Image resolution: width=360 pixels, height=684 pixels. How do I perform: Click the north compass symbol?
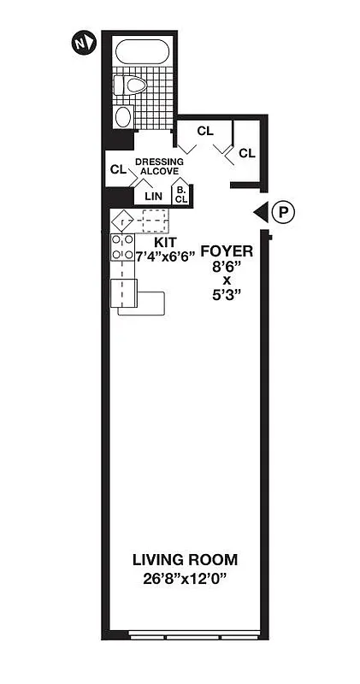(x=82, y=40)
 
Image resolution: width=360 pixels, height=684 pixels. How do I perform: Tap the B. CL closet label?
(x=180, y=195)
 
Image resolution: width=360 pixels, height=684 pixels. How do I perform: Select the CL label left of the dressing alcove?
(x=118, y=169)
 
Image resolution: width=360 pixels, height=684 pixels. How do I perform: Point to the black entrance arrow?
(x=259, y=213)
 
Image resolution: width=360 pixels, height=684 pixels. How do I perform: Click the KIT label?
(x=164, y=242)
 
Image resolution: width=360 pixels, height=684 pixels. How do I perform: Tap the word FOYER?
(x=226, y=251)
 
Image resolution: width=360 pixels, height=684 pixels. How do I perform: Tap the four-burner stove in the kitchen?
(x=122, y=247)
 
